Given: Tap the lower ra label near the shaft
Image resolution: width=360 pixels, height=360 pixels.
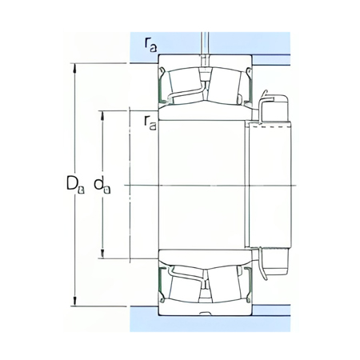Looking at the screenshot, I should [149, 121].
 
